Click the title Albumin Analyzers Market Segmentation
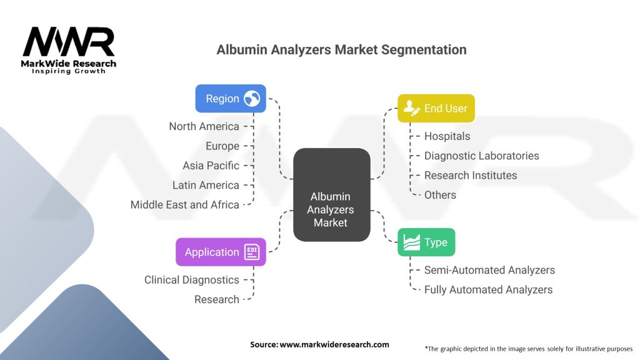(341, 49)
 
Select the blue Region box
(231, 98)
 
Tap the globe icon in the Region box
(252, 99)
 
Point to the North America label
(204, 126)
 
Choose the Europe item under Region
(222, 146)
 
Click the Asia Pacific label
(211, 166)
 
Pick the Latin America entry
(206, 185)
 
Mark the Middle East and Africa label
(184, 204)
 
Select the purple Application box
(221, 252)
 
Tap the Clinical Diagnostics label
(191, 280)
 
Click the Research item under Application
(216, 299)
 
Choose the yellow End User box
(436, 108)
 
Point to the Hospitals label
(447, 136)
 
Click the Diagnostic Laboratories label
(481, 156)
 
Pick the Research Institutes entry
(470, 175)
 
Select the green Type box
(426, 242)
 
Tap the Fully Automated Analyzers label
(488, 290)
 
